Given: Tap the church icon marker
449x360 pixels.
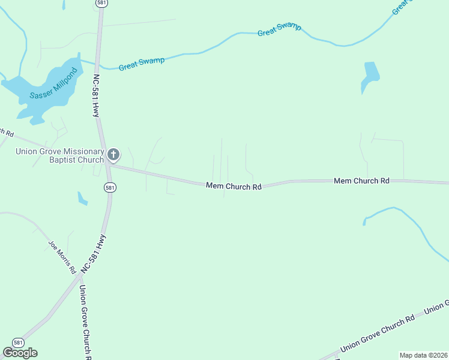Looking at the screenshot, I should pyautogui.click(x=113, y=155).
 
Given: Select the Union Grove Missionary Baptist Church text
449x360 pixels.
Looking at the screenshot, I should pyautogui.click(x=59, y=156).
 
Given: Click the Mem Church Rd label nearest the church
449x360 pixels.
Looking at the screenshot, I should pyautogui.click(x=234, y=187).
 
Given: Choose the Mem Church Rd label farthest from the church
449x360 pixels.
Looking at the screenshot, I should pyautogui.click(x=361, y=181).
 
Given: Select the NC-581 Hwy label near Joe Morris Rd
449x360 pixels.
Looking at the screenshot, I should pyautogui.click(x=96, y=254).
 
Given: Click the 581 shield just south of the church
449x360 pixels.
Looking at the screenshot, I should pyautogui.click(x=109, y=188).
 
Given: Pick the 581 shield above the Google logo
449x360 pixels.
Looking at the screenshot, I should pyautogui.click(x=19, y=343).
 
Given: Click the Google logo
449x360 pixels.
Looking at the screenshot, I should pyautogui.click(x=20, y=353).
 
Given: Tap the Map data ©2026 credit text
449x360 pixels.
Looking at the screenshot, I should pyautogui.click(x=423, y=355).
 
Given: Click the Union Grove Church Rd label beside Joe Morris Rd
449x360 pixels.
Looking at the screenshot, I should pyautogui.click(x=85, y=321).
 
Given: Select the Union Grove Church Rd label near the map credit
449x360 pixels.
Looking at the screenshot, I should pyautogui.click(x=377, y=335).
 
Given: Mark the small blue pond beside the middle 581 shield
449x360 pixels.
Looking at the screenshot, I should pyautogui.click(x=82, y=198).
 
